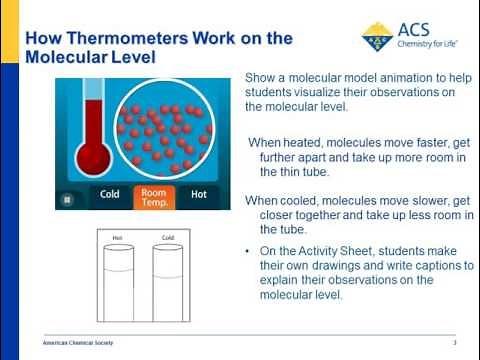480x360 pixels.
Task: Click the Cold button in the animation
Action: click(x=110, y=195)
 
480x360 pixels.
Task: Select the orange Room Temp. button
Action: click(x=154, y=195)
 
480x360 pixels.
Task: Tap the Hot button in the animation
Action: click(x=198, y=195)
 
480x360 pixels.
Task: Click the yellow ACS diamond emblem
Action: click(x=379, y=37)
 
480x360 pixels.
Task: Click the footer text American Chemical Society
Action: click(x=78, y=343)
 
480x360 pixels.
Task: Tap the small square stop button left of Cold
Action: click(x=68, y=198)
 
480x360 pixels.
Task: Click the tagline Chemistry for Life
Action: click(x=429, y=44)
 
